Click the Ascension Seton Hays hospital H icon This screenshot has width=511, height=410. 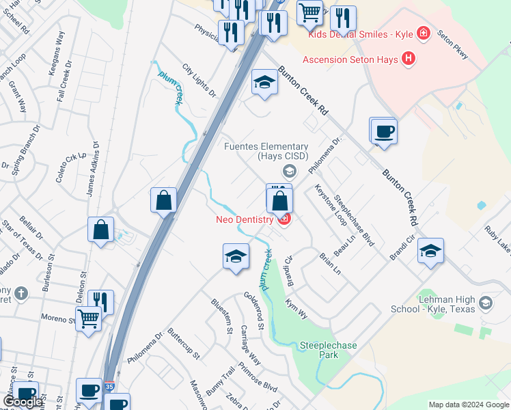coord(409,59)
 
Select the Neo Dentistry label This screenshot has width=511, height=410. coord(245,219)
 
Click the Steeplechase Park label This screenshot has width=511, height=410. coord(328,351)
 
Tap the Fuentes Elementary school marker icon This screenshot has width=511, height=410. coord(290,171)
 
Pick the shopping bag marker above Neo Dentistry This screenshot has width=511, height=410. coord(279,201)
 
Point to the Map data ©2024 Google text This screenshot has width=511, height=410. coord(468,405)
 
